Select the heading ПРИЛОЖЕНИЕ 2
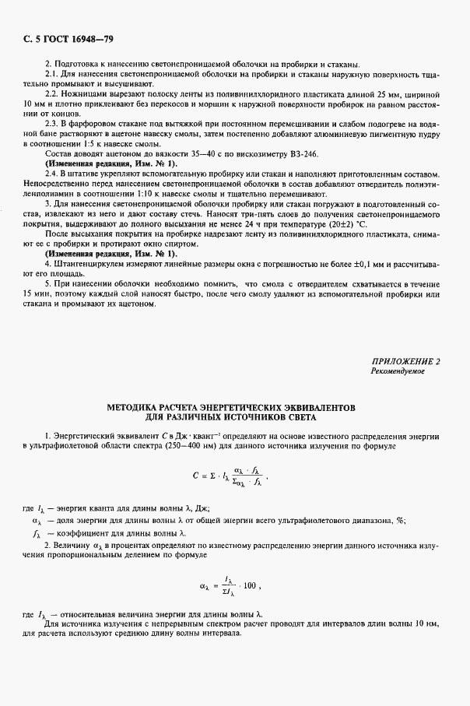[405, 362]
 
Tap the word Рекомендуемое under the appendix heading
[398, 372]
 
